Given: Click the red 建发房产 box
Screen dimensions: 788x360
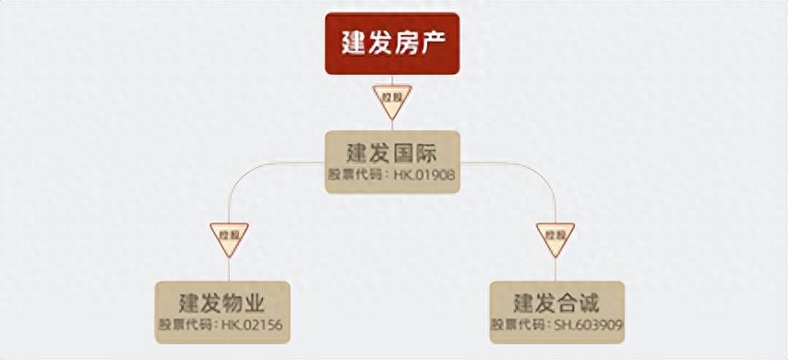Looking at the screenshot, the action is pyautogui.click(x=392, y=43).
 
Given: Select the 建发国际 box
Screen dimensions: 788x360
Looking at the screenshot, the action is pyautogui.click(x=392, y=162).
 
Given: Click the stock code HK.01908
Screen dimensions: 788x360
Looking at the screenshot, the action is pyautogui.click(x=424, y=174).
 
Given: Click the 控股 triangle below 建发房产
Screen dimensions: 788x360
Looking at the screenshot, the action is pyautogui.click(x=392, y=99).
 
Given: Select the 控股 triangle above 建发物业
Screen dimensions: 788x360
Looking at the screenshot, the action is pyautogui.click(x=228, y=235).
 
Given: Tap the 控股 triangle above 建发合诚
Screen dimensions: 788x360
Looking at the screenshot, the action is pyautogui.click(x=555, y=235).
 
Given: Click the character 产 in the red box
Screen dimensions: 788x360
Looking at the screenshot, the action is pyautogui.click(x=436, y=43).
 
